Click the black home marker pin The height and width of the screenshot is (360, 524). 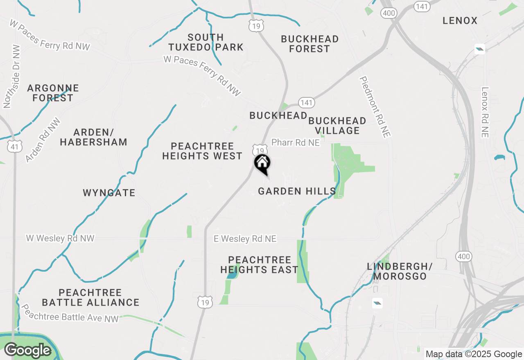coord(262,164)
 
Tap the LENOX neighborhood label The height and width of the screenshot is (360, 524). coord(460,21)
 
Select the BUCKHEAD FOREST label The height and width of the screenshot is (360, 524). coord(310,44)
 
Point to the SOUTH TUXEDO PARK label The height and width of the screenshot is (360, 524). coord(206,43)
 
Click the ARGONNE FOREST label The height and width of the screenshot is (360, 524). coord(53,93)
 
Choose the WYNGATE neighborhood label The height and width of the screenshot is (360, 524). coord(109,193)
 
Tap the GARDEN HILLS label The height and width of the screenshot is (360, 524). coord(297,191)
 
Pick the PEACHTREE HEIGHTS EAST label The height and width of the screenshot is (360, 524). coord(259,265)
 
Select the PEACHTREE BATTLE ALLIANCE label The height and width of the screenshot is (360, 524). coord(90,298)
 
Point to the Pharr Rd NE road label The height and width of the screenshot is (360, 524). coord(296,143)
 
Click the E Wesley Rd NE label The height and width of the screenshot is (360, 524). coord(245,239)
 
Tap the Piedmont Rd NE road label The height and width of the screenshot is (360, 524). coord(375,106)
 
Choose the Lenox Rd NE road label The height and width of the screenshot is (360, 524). coord(486,112)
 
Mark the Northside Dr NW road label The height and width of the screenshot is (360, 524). coord(11,76)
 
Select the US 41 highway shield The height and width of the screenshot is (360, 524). coord(14,146)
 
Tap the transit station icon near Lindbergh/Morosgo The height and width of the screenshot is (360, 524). coord(377,303)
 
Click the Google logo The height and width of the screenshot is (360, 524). coord(27,351)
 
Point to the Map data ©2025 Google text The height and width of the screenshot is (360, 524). coord(473,354)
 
